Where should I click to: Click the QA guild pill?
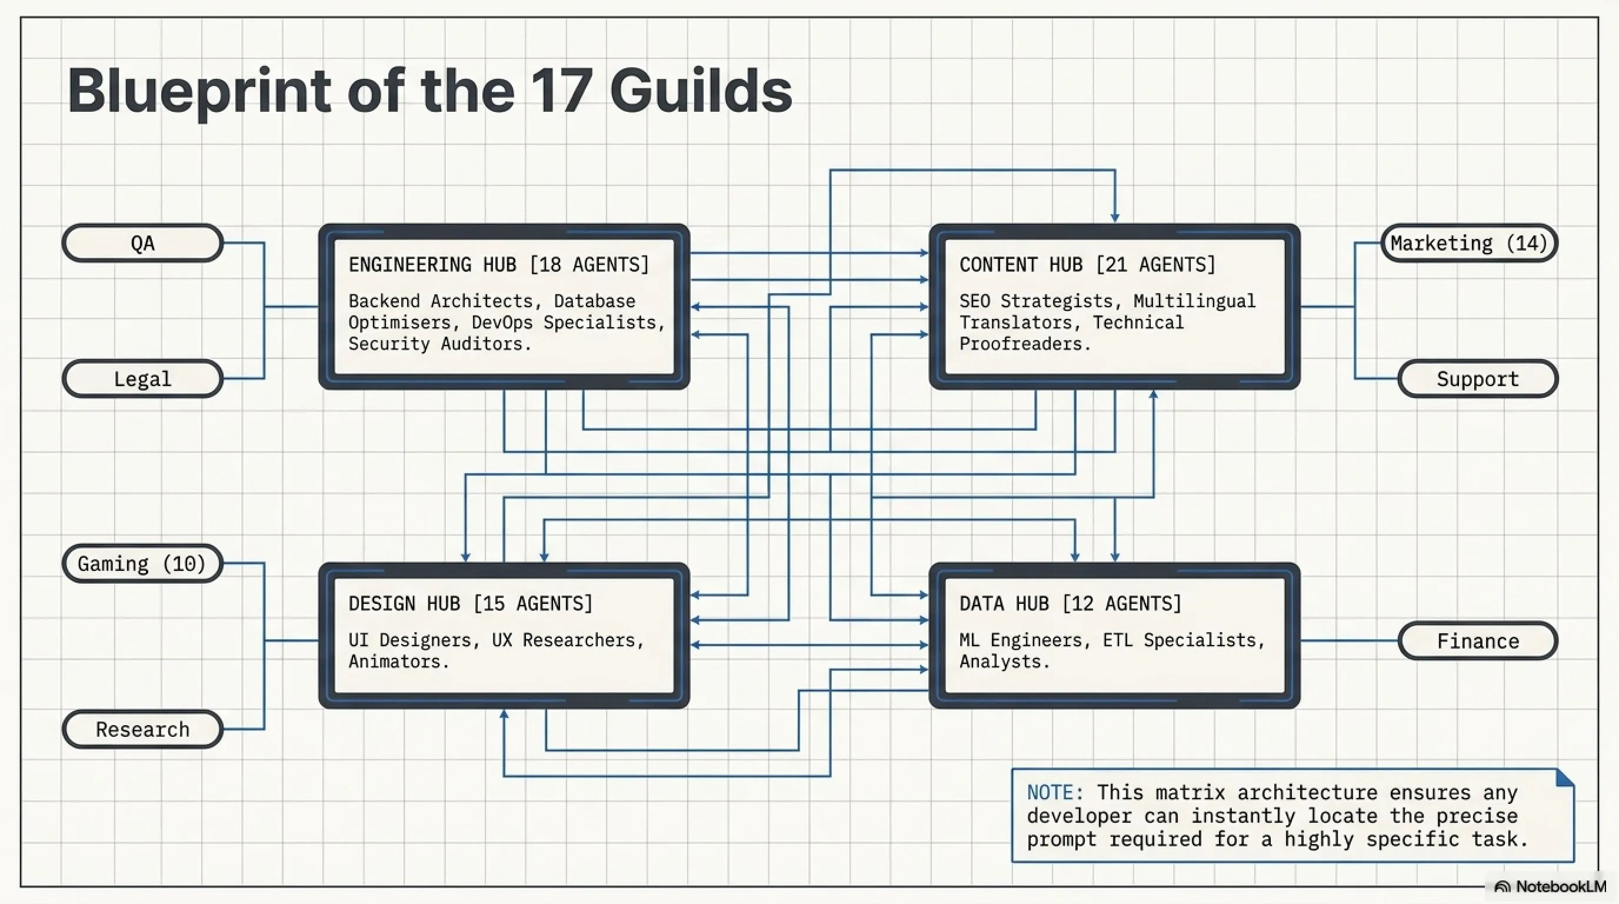click(x=143, y=242)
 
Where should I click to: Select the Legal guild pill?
click(x=143, y=378)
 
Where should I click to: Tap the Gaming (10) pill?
click(x=143, y=563)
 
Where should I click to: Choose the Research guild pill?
click(x=143, y=729)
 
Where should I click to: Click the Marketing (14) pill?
click(x=1469, y=242)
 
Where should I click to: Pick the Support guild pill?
click(x=1478, y=378)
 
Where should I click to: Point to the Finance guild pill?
click(x=1478, y=640)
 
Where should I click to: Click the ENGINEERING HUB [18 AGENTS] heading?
click(x=498, y=265)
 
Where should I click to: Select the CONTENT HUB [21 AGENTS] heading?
click(x=1087, y=265)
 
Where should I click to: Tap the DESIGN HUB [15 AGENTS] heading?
click(x=471, y=603)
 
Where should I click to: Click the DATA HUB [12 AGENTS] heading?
click(x=1070, y=603)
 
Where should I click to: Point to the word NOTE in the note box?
click(x=1051, y=792)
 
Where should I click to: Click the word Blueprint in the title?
click(x=199, y=92)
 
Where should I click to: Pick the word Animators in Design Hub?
click(x=398, y=662)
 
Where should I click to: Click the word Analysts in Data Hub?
click(x=1004, y=662)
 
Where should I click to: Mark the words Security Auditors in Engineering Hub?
click(x=439, y=344)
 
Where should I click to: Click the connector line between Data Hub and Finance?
click(x=1350, y=640)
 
